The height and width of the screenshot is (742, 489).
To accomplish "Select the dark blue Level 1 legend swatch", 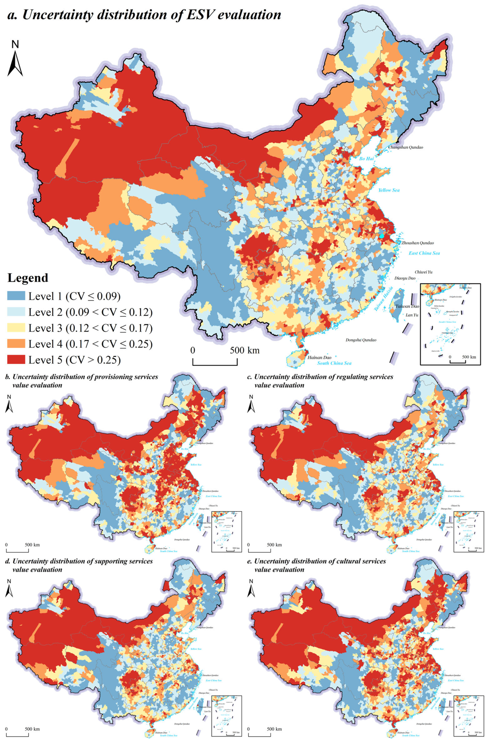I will click(x=16, y=296).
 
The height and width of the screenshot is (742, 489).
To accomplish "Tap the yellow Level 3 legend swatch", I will click(x=16, y=328).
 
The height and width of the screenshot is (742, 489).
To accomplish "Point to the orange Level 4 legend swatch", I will click(x=16, y=343).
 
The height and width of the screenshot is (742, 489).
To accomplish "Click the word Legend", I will click(x=28, y=278).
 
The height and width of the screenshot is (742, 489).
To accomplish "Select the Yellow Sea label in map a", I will click(x=389, y=190).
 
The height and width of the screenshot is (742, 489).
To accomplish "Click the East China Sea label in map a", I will click(x=424, y=253).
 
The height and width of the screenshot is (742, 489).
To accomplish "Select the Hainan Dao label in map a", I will click(x=319, y=358).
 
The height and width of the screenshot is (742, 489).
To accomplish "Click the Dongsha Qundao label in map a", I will click(x=361, y=340).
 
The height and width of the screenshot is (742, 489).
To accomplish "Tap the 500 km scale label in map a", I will click(x=244, y=350).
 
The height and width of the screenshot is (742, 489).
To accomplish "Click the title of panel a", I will click(x=144, y=15).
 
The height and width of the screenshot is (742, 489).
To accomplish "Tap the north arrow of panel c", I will click(x=251, y=403).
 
